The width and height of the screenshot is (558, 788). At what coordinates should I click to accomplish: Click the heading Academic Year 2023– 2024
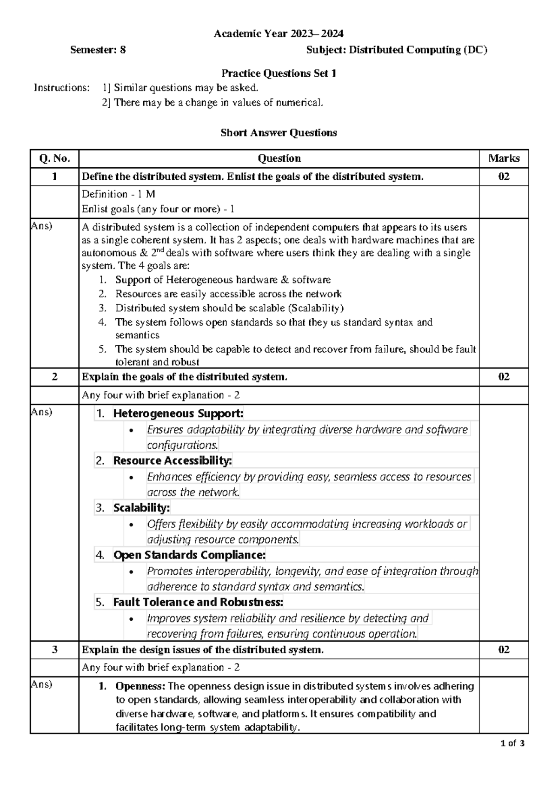point(279,33)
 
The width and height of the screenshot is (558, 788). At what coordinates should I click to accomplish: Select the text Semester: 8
point(98,50)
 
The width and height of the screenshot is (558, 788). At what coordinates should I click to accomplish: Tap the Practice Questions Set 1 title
point(279,73)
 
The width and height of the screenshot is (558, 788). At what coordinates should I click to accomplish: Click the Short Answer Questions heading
point(279,133)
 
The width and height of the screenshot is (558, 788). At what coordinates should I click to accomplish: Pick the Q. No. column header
point(54,158)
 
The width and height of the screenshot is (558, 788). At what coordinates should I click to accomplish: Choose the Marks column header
point(504,158)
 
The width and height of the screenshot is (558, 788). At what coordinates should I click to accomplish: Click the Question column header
point(279,158)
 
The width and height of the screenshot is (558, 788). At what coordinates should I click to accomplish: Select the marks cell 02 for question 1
point(504,177)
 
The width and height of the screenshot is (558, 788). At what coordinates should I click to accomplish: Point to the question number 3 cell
point(54,650)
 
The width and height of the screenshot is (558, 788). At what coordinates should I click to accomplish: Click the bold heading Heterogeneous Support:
point(178,413)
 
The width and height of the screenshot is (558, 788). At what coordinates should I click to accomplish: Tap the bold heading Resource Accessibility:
point(173,460)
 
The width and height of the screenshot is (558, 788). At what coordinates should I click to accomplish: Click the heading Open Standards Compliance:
point(189,555)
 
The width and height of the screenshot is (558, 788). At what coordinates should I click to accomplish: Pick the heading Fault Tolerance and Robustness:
point(198,602)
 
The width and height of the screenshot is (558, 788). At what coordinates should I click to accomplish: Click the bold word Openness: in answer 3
point(140,686)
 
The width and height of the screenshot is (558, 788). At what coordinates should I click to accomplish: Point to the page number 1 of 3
point(512,743)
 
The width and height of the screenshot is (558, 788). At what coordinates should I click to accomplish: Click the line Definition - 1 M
point(118,194)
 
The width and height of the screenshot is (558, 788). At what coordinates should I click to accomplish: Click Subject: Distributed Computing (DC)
point(397,50)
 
